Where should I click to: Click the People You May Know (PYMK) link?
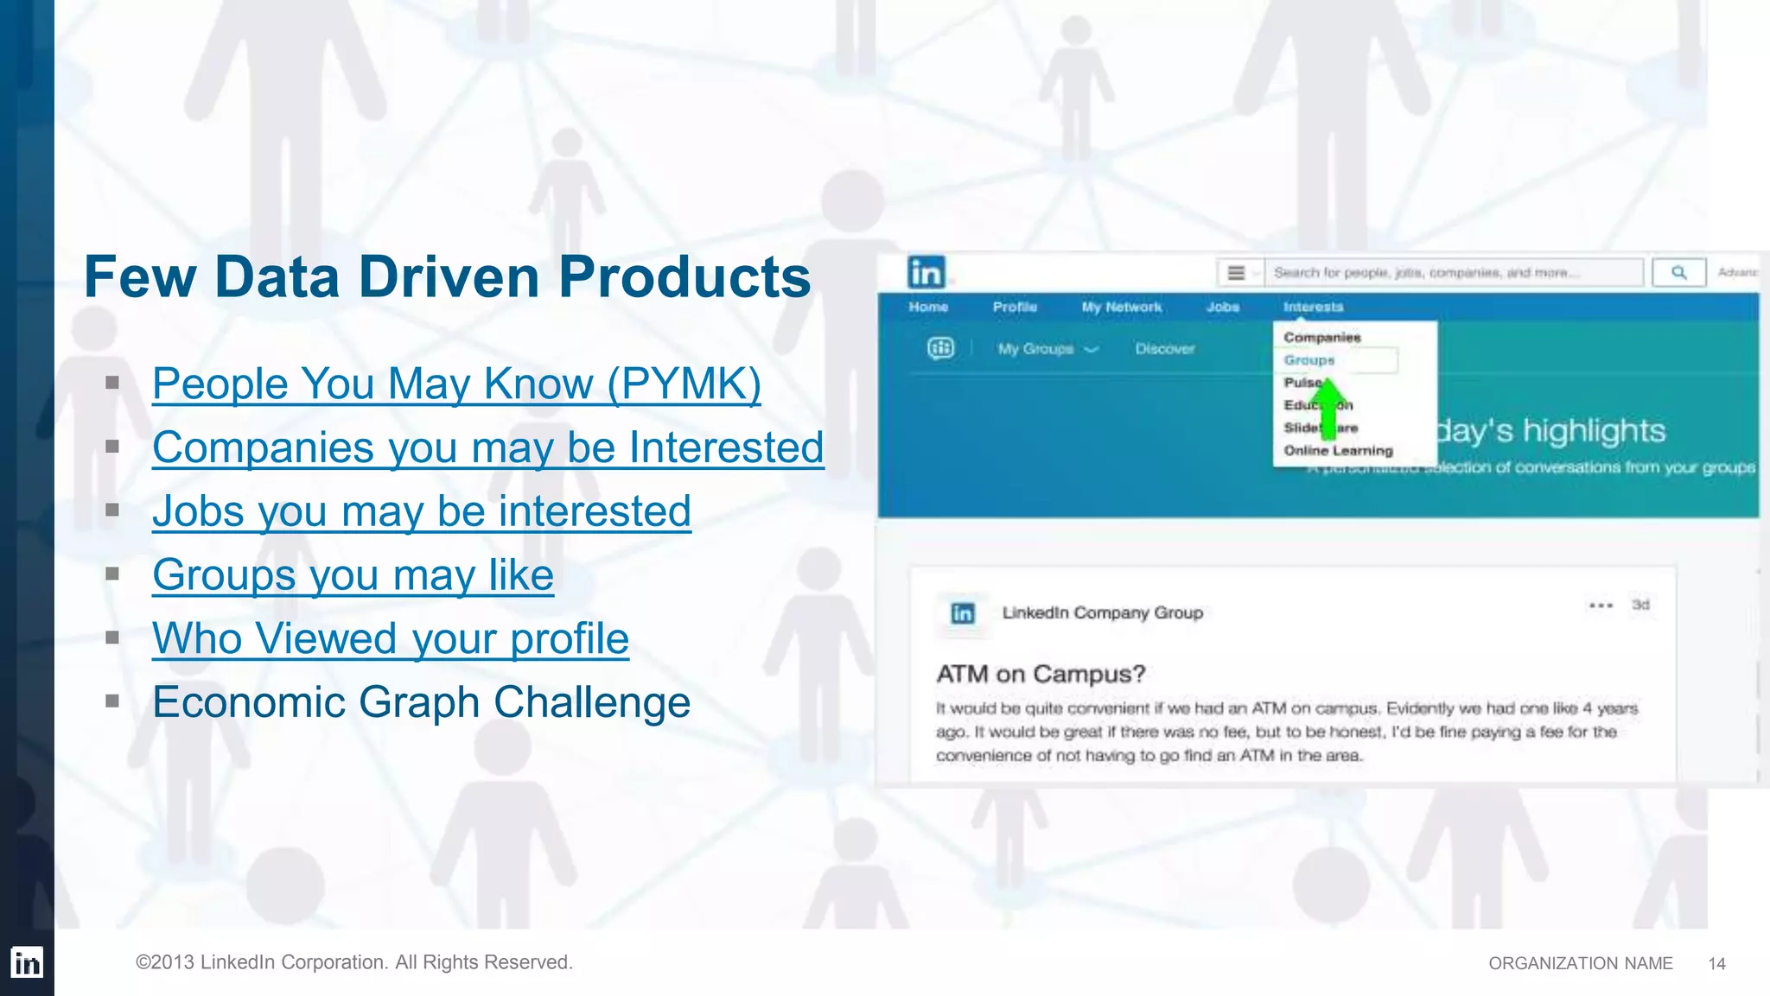pyautogui.click(x=456, y=384)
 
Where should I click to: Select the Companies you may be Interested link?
pyautogui.click(x=487, y=447)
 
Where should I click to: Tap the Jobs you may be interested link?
pyautogui.click(x=422, y=511)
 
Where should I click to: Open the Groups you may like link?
pyautogui.click(x=353, y=575)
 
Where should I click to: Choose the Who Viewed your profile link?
pyautogui.click(x=391, y=639)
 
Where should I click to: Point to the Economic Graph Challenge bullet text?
pyautogui.click(x=422, y=702)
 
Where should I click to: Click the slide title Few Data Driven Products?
pyautogui.click(x=448, y=277)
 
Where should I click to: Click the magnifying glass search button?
pyautogui.click(x=1678, y=273)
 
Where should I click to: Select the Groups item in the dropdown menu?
pyautogui.click(x=1309, y=360)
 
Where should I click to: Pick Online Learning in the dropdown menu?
pyautogui.click(x=1338, y=451)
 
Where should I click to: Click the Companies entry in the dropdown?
pyautogui.click(x=1321, y=338)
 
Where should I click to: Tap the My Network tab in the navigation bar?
pyautogui.click(x=1121, y=308)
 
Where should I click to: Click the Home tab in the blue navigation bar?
pyautogui.click(x=928, y=308)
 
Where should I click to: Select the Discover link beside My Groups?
pyautogui.click(x=1164, y=349)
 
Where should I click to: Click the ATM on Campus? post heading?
pyautogui.click(x=1041, y=674)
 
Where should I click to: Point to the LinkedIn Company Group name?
pyautogui.click(x=1102, y=612)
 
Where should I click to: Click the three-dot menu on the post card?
pyautogui.click(x=1601, y=606)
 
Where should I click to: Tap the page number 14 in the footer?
pyautogui.click(x=1716, y=964)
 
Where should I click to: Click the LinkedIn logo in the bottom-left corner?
pyautogui.click(x=27, y=962)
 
